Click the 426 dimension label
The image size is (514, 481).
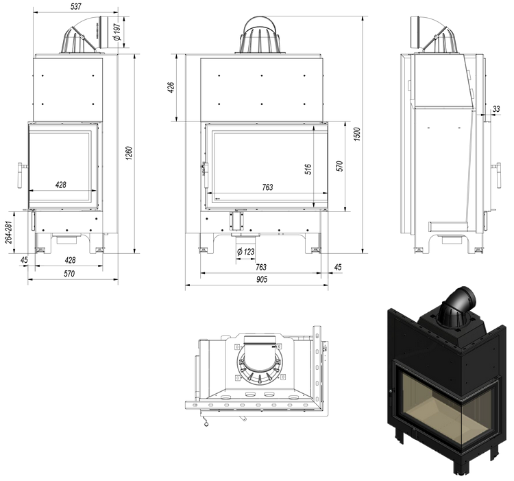172,89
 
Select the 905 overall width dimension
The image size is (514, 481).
262,279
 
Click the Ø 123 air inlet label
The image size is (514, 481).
245,253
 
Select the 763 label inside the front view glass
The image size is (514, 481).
268,187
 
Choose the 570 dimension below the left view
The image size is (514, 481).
69,273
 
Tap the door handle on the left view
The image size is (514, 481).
21,176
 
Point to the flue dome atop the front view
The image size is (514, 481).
260,35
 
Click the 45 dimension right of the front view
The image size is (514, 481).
337,267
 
